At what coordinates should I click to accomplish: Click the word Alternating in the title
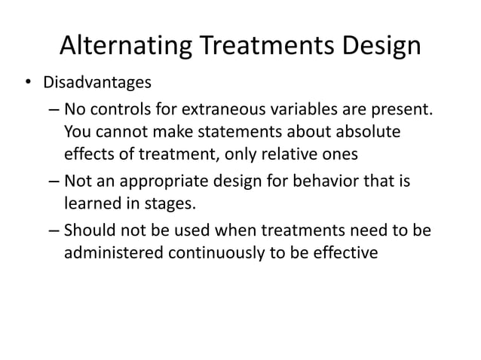pos(125,47)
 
